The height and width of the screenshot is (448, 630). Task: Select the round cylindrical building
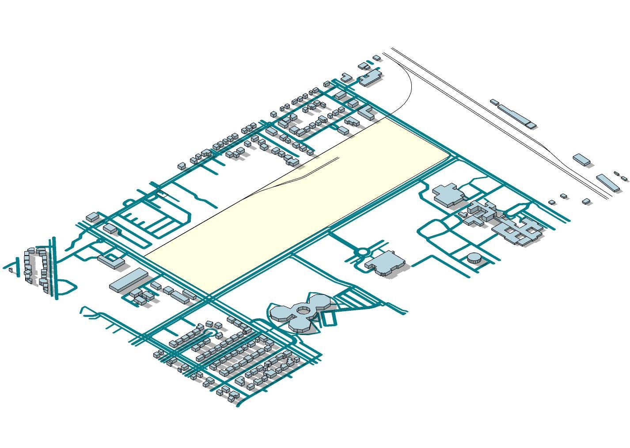(x=474, y=258)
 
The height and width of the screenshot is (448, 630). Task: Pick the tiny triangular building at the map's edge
(x=10, y=270)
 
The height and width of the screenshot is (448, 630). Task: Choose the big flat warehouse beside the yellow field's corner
(x=128, y=280)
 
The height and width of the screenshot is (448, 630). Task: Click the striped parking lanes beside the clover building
(x=353, y=300)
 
